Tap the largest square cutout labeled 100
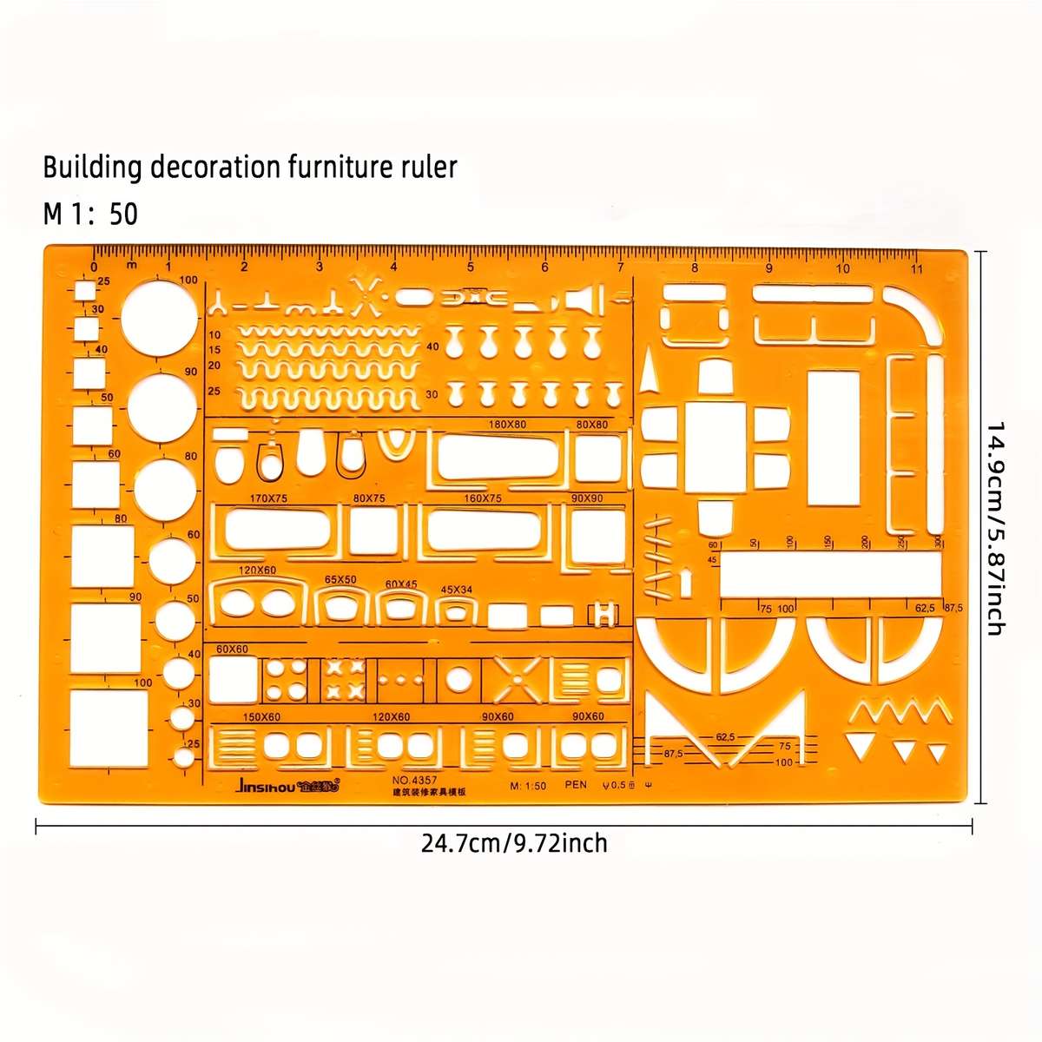point(109,728)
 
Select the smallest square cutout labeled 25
point(85,291)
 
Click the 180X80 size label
point(507,425)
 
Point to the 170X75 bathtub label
point(268,498)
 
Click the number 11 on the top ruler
point(917,268)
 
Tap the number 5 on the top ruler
point(470,267)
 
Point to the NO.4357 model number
point(415,779)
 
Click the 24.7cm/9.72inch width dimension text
point(514,842)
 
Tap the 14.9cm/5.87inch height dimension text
point(996,528)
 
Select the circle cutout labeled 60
point(172,560)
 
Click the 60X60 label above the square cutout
point(232,649)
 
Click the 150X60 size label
point(261,716)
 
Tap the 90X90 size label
point(587,498)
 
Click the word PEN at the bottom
point(576,785)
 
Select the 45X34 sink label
point(457,590)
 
